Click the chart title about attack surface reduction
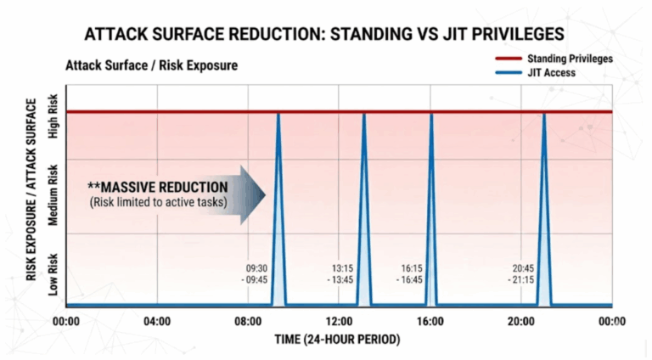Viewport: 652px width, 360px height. [x=326, y=36]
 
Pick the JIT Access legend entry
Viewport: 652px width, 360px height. [x=551, y=72]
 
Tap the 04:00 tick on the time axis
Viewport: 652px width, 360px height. [x=157, y=321]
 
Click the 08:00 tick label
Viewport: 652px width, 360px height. [x=248, y=321]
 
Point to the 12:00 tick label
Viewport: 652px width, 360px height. [x=339, y=321]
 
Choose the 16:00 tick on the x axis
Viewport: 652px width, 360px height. [x=430, y=321]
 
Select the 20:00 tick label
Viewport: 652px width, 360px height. [x=520, y=321]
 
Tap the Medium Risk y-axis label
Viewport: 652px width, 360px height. [x=54, y=197]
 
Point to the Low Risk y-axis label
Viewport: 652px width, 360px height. [x=54, y=272]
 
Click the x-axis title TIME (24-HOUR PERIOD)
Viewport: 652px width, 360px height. [x=338, y=339]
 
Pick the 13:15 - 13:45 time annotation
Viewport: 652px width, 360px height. [x=343, y=273]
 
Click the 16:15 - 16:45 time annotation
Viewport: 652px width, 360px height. [x=413, y=273]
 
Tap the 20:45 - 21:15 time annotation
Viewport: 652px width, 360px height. [x=525, y=273]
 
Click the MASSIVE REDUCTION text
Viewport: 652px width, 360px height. [x=158, y=187]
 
